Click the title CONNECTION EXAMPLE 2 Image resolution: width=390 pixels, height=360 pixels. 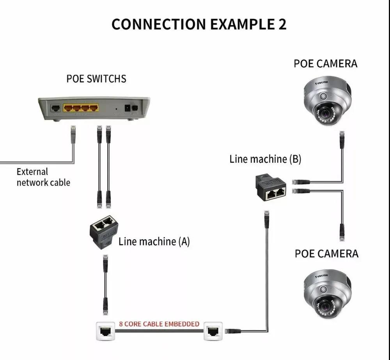click(x=199, y=24)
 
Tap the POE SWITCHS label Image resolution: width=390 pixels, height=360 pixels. click(x=96, y=79)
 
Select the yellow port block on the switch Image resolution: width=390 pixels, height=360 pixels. click(x=81, y=107)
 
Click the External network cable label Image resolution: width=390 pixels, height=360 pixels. click(x=43, y=177)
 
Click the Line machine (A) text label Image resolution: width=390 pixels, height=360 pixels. click(x=154, y=241)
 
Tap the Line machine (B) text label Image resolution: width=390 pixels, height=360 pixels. click(x=265, y=159)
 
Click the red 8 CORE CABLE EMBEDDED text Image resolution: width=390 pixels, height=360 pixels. click(x=159, y=324)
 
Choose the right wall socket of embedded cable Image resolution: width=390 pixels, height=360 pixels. click(x=213, y=332)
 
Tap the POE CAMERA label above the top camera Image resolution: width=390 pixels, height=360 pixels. click(x=325, y=64)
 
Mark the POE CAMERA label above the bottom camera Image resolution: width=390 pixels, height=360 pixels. click(x=326, y=254)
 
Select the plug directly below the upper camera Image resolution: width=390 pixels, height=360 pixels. click(x=342, y=140)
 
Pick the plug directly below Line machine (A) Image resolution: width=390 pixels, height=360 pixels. click(x=105, y=263)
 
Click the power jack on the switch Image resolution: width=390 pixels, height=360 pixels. click(x=127, y=108)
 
